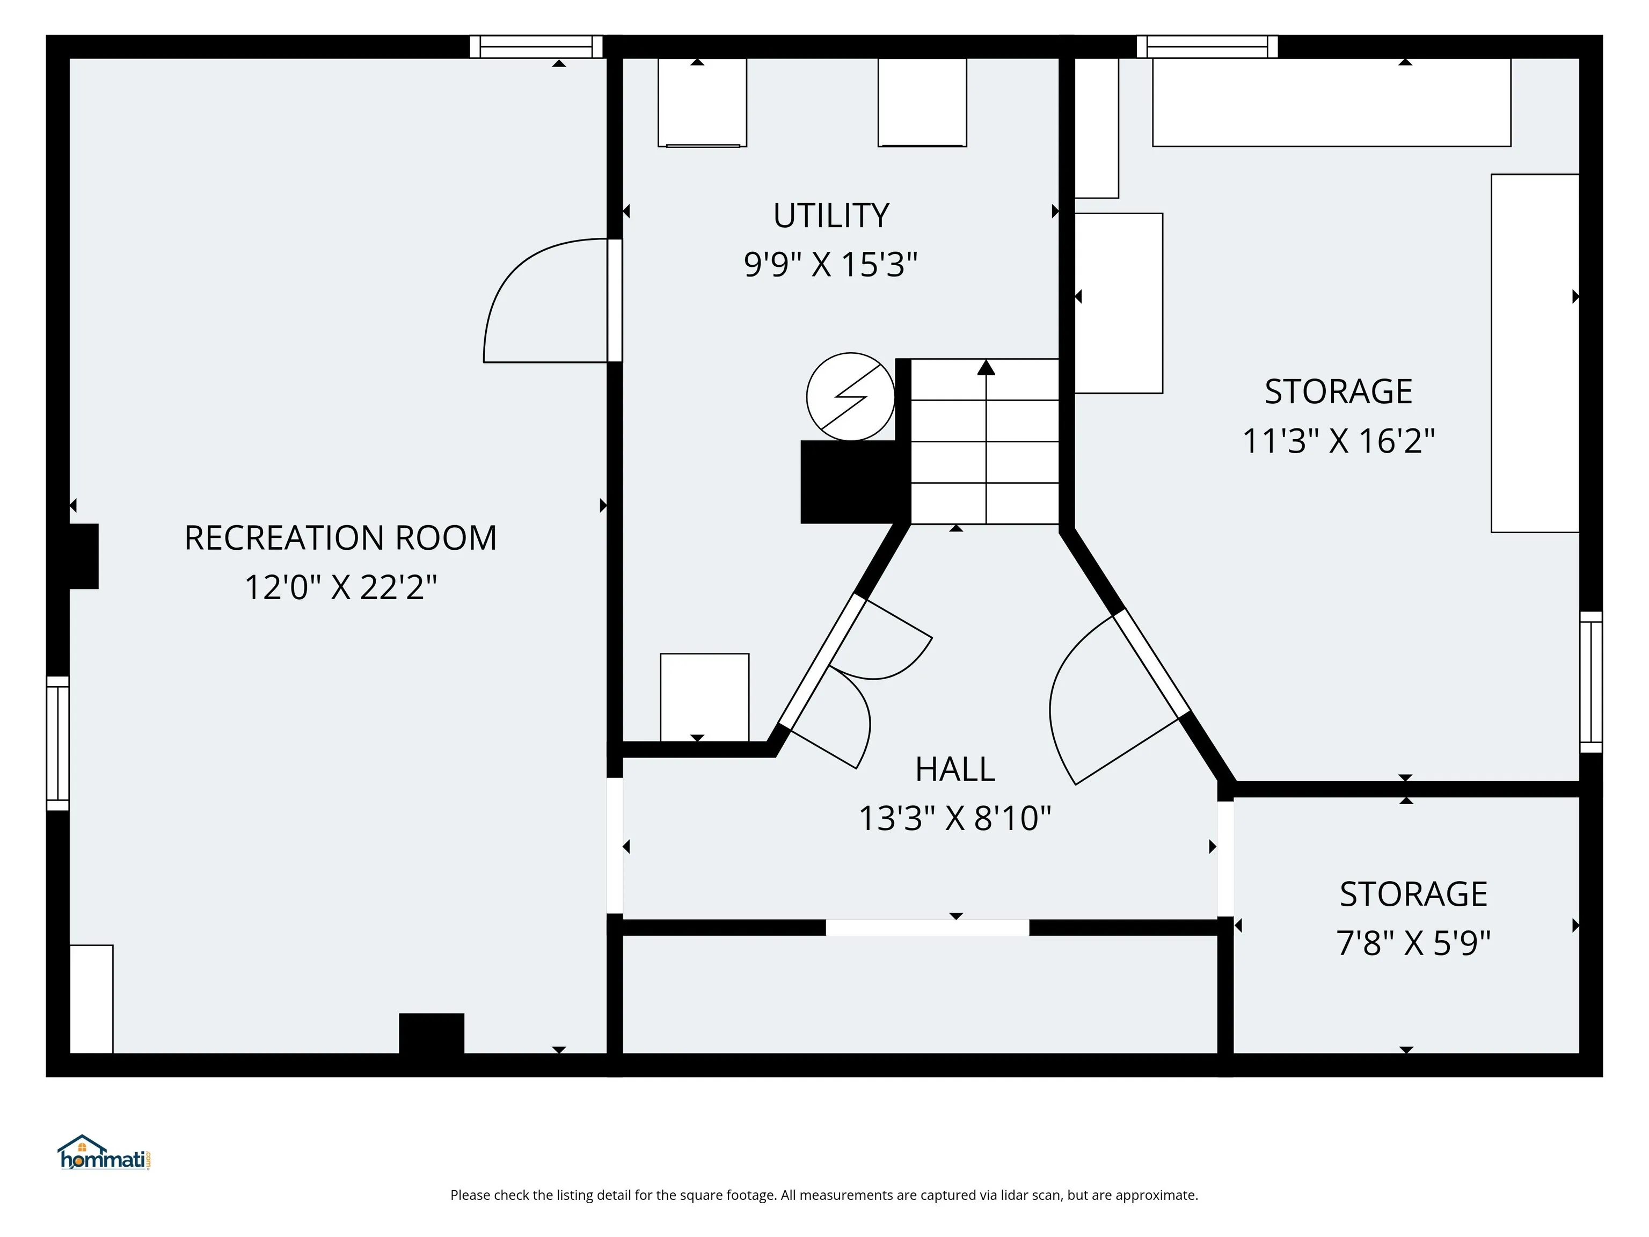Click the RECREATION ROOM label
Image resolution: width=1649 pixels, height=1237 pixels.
point(341,537)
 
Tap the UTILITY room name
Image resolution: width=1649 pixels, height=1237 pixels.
point(831,215)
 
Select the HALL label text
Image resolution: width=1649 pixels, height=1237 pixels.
point(955,769)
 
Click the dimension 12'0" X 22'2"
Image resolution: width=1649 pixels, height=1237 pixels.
point(341,587)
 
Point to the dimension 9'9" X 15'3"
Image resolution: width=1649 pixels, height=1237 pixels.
point(830,264)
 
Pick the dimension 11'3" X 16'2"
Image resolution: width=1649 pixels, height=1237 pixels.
point(1338,441)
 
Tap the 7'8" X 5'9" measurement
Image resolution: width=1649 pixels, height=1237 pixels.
point(1413,942)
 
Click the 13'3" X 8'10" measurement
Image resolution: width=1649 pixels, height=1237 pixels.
point(955,818)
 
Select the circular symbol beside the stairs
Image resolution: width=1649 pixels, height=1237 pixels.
point(851,397)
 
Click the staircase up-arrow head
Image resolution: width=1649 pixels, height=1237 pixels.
point(986,367)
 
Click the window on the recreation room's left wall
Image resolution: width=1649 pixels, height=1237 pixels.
point(58,744)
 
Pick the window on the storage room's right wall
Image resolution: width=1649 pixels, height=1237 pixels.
point(1591,682)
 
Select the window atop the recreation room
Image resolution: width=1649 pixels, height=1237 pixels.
point(536,46)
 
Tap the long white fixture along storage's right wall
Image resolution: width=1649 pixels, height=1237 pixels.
point(1535,353)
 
